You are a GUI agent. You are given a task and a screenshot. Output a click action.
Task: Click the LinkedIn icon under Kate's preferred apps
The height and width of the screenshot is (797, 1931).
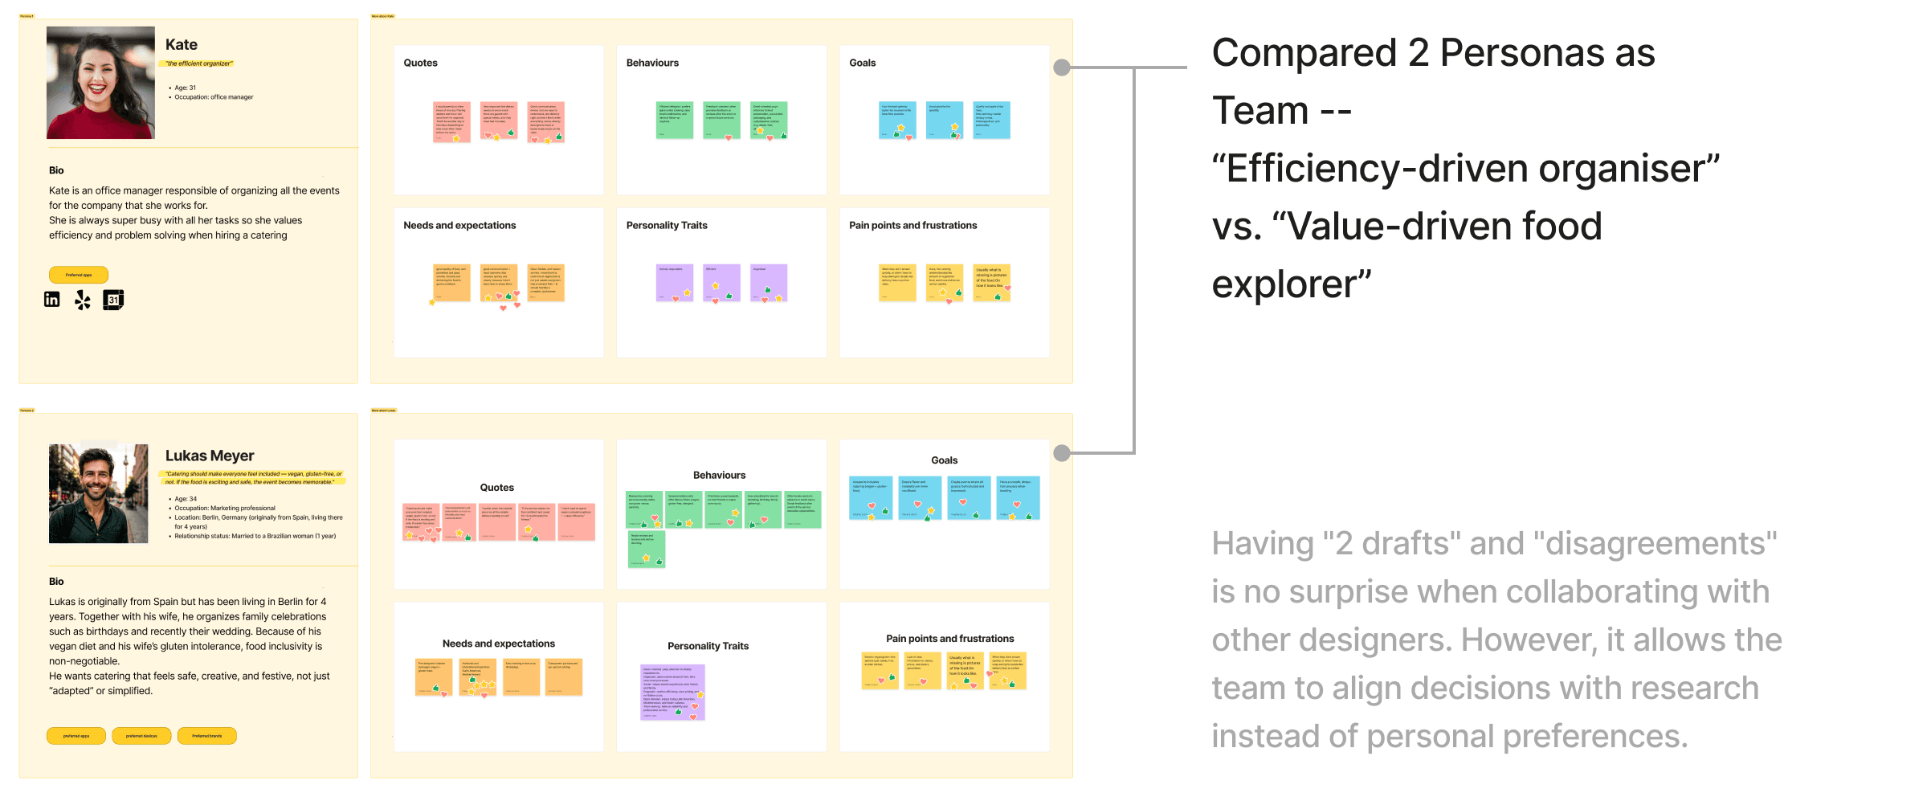(x=52, y=300)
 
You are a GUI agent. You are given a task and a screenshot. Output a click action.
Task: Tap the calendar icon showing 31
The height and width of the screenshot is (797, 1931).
(x=113, y=300)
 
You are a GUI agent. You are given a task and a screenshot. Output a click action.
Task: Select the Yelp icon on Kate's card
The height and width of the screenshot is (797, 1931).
(x=83, y=300)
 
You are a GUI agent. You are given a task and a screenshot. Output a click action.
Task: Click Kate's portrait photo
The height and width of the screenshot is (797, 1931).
(x=100, y=83)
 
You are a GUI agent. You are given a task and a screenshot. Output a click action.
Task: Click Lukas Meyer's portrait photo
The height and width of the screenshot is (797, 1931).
(x=99, y=493)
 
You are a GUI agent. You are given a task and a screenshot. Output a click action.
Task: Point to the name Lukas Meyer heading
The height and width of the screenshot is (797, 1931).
(x=210, y=456)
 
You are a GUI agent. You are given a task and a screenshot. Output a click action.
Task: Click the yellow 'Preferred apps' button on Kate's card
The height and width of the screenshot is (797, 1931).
(x=79, y=275)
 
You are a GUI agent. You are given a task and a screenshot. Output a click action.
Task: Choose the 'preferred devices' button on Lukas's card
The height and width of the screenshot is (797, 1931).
(x=141, y=736)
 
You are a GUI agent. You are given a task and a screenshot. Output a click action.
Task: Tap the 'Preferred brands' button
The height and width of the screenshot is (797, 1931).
(x=206, y=736)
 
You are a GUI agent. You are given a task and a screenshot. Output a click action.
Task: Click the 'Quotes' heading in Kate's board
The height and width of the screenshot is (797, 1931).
(x=420, y=63)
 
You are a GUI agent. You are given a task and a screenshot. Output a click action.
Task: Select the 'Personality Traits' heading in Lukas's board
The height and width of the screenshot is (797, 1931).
(x=708, y=646)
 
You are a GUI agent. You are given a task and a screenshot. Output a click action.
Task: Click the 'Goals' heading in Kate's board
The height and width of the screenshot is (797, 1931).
(x=862, y=63)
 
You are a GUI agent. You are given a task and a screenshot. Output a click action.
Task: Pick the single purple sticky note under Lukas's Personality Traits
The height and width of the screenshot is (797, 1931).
(x=672, y=692)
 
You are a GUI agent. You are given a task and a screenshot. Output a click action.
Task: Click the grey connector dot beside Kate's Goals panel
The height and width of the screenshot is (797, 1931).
(x=1062, y=67)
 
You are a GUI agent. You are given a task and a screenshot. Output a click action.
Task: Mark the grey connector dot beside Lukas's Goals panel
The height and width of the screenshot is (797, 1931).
(x=1062, y=453)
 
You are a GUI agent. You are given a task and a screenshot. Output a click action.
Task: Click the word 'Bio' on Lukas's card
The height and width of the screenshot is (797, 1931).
(x=56, y=581)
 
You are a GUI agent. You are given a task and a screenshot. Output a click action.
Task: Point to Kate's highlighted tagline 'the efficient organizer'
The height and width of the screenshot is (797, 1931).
(x=199, y=63)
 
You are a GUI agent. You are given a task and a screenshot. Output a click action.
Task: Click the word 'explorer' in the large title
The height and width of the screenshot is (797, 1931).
(x=1291, y=284)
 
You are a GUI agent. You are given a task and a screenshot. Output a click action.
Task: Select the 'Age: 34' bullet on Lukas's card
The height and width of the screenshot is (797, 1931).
(x=186, y=499)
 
